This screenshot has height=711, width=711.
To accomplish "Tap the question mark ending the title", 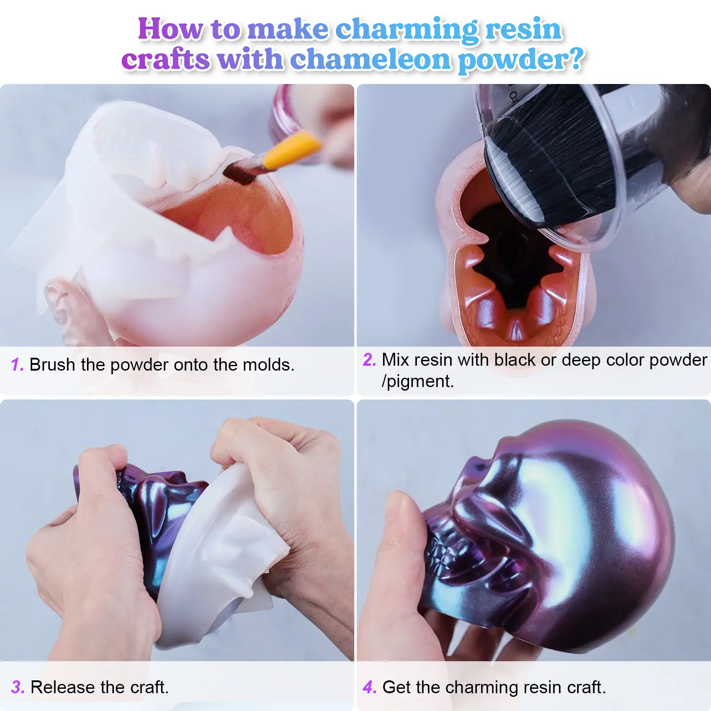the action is pyautogui.click(x=576, y=60).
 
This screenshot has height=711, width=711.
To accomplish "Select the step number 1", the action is pyautogui.click(x=17, y=365).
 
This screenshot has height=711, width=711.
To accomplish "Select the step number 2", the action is pyautogui.click(x=370, y=359).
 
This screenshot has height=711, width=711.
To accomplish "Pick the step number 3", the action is pyautogui.click(x=18, y=687).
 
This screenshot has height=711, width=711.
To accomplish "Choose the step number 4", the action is pyautogui.click(x=370, y=687).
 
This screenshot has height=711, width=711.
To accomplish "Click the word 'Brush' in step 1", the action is pyautogui.click(x=52, y=365).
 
